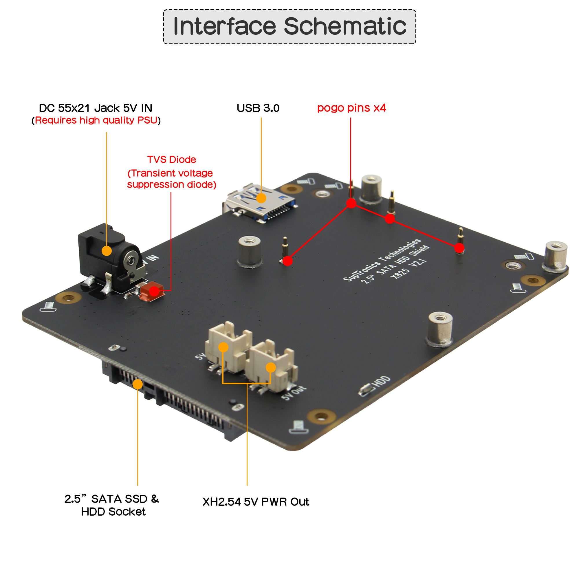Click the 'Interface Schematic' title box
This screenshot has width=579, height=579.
[289, 27]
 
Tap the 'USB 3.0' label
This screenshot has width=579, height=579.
[258, 108]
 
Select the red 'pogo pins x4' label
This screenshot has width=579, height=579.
[351, 108]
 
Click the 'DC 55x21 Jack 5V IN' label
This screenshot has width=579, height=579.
[96, 108]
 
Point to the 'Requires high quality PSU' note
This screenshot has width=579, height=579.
[96, 120]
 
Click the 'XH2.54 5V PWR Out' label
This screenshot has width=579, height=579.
[256, 502]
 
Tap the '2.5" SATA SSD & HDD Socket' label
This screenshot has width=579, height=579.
[112, 505]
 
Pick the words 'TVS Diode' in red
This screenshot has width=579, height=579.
[171, 160]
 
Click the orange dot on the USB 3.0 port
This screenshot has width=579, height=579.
[261, 198]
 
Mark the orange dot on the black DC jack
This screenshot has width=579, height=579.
[107, 250]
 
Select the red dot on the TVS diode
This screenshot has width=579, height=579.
[154, 291]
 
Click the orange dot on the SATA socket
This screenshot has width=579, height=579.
[138, 384]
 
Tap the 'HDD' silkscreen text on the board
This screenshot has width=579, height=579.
[381, 382]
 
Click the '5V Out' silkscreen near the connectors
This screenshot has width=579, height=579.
[294, 393]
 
